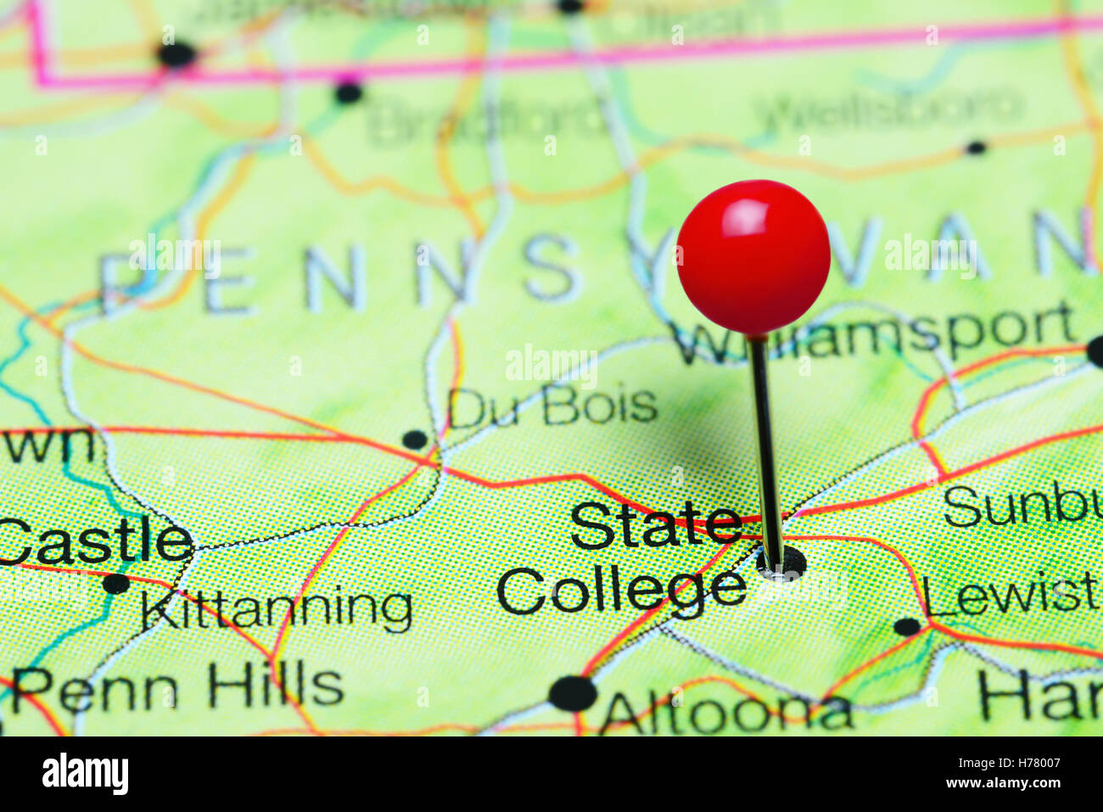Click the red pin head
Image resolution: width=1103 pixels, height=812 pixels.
(753, 256)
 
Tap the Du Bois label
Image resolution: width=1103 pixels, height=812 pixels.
(552, 406)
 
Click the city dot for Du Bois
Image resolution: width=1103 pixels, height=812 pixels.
(414, 439)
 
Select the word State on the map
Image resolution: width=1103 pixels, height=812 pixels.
(655, 526)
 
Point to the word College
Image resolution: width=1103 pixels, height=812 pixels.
(621, 591)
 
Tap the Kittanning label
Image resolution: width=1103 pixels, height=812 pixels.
(277, 608)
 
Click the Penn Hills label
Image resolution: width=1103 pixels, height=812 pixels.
(178, 687)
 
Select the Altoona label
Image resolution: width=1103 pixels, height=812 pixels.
(726, 713)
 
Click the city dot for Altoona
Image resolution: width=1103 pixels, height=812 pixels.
(573, 693)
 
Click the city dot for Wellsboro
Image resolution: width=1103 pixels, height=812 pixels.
(977, 148)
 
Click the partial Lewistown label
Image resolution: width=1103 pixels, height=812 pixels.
(1010, 596)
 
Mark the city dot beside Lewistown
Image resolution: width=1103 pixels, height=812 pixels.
(907, 627)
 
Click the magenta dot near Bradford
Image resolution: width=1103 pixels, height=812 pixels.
(348, 92)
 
